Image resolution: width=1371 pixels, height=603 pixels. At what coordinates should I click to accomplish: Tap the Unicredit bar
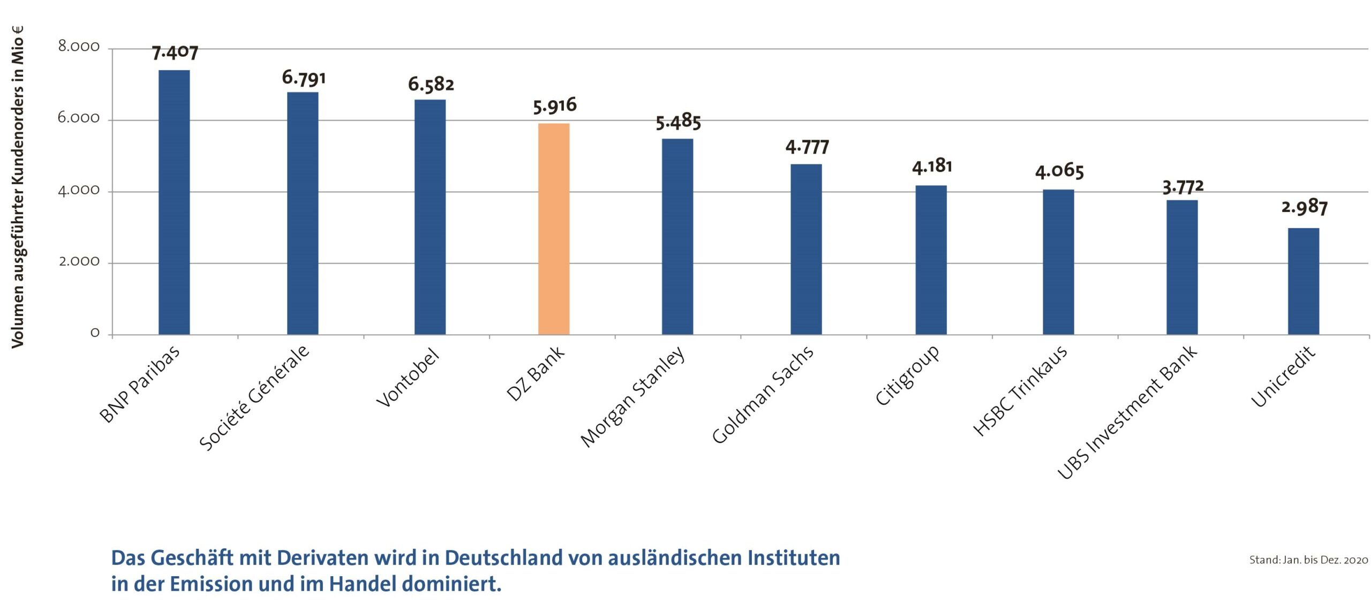coord(1303,281)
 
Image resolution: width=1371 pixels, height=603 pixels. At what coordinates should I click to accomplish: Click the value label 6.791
coord(304,78)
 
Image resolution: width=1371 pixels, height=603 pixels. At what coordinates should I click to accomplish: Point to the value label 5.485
coord(678,123)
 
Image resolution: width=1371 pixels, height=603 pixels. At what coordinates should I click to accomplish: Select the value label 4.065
coord(1059,171)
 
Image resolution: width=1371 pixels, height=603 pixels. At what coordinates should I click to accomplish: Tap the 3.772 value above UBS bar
coord(1182,187)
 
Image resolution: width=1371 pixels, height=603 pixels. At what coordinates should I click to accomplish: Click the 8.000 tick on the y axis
coord(79,47)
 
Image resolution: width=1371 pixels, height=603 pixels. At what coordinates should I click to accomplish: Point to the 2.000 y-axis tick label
coord(79,262)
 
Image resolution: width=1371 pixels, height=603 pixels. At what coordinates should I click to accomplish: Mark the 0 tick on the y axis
coord(95,333)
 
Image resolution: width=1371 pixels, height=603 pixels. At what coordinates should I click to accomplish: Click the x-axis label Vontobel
coord(408,378)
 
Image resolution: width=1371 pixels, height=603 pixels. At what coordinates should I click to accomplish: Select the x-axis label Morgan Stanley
coord(632,397)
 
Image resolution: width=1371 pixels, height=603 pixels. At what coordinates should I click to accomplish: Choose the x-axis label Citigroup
coord(907,375)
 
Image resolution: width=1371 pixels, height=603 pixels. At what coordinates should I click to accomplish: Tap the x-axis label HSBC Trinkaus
coord(1019,391)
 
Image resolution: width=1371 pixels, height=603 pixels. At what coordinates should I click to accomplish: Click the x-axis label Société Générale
coord(254,398)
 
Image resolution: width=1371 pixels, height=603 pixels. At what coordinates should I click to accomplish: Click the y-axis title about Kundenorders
coord(18,187)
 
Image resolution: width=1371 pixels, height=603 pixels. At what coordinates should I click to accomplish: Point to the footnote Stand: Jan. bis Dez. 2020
coord(1308,560)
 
